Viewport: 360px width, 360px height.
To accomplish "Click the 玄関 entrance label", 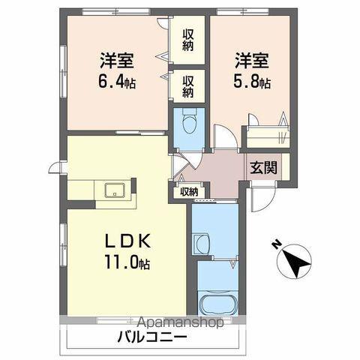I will (x=262, y=167).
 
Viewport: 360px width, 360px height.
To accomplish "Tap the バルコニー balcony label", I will (x=152, y=337).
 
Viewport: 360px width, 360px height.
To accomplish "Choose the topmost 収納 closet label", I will (x=187, y=41).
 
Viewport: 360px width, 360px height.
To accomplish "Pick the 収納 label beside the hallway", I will (x=187, y=192).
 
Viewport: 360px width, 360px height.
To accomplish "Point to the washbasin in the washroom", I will (x=201, y=244).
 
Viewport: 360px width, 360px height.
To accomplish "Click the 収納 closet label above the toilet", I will (x=187, y=85).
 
